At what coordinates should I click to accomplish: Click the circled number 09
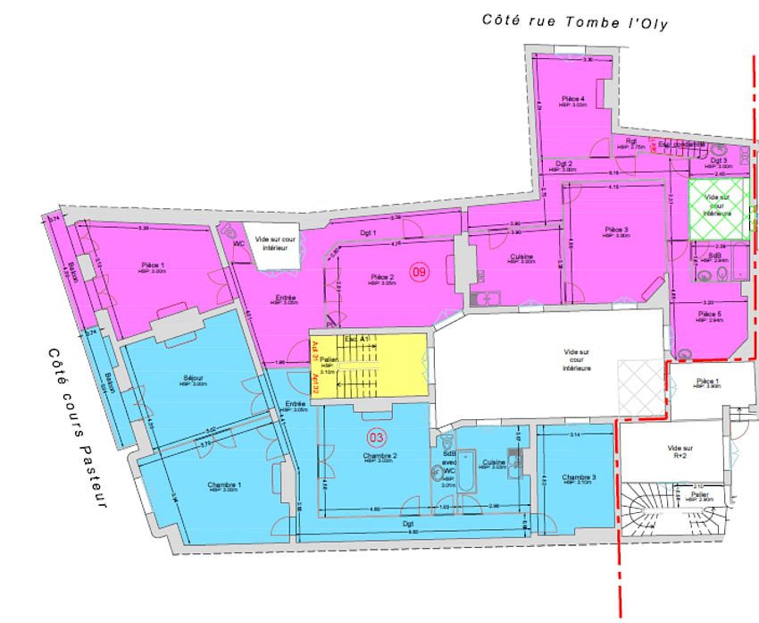click(x=417, y=271)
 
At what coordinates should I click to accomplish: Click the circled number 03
click(x=377, y=438)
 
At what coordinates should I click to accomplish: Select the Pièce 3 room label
click(x=617, y=229)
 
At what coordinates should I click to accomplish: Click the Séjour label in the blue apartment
click(x=194, y=378)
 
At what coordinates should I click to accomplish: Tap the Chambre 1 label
click(x=223, y=484)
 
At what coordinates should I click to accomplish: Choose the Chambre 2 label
click(x=379, y=456)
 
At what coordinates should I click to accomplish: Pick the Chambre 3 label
click(x=580, y=477)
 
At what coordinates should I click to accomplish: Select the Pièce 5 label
click(x=709, y=315)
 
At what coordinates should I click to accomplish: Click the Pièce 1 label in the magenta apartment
click(x=153, y=265)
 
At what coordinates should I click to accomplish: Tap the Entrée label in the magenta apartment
click(x=286, y=298)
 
